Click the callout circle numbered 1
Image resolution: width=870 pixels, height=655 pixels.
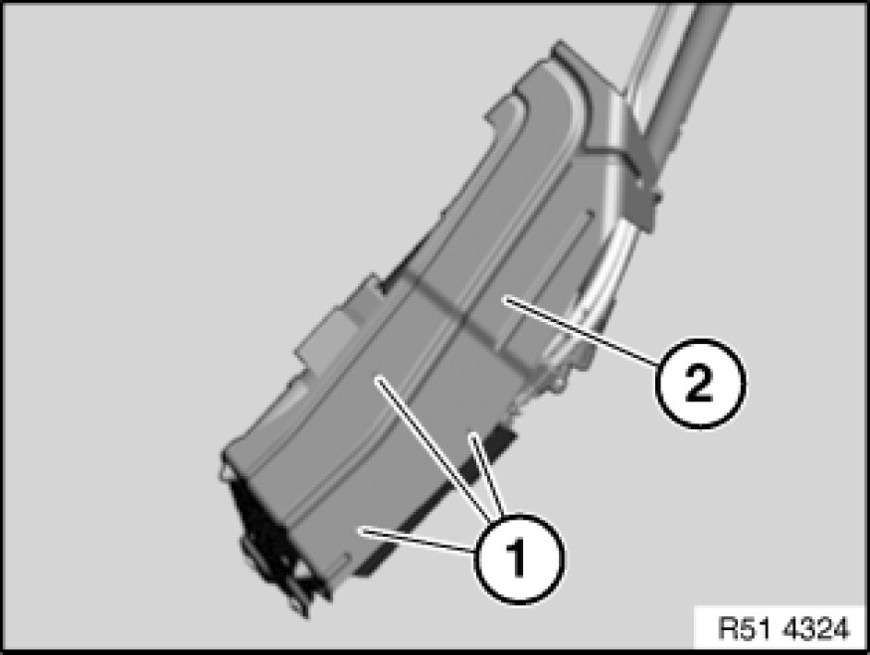coord(519,558)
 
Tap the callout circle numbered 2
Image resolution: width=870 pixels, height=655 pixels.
coord(700,384)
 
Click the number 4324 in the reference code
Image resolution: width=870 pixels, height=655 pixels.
coord(816,629)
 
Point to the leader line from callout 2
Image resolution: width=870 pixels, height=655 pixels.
coord(581,332)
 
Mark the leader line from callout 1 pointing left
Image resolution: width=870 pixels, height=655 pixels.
coord(418,540)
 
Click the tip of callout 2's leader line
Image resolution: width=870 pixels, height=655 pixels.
coord(503,298)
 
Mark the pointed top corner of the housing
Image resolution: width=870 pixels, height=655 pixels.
coord(559,44)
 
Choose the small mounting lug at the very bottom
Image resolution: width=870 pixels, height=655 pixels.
coord(298,604)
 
